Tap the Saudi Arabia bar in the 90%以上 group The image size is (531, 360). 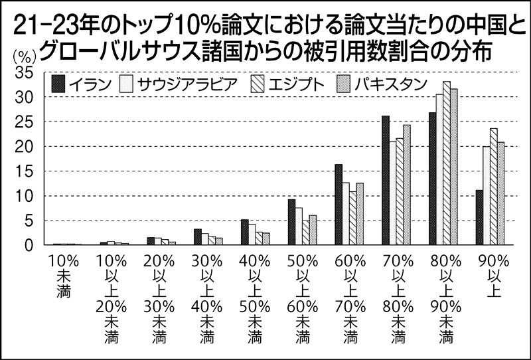pos(486,196)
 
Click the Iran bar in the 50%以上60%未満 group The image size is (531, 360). pos(291,223)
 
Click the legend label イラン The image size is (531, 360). pos(92,84)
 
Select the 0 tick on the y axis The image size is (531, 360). pos(28,246)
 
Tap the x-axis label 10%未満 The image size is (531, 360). pos(62,272)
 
